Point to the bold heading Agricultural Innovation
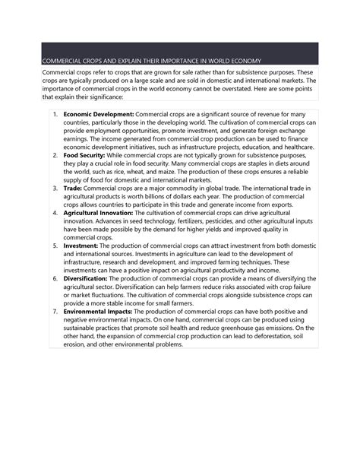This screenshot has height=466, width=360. pos(98,214)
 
